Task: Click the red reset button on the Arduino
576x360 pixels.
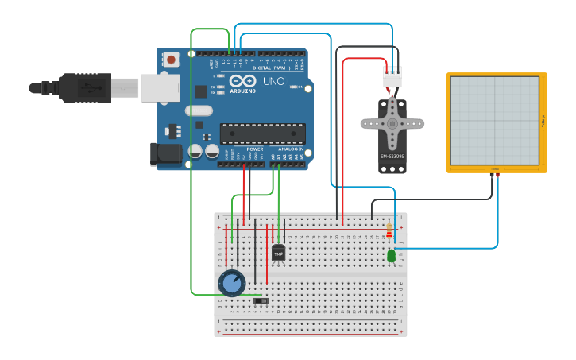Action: point(171,59)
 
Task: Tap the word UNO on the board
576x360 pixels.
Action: point(273,81)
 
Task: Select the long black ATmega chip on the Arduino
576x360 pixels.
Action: point(262,134)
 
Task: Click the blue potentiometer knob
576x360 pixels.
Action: point(231,283)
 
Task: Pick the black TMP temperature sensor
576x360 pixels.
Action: point(278,253)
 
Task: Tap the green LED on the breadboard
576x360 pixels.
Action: point(391,255)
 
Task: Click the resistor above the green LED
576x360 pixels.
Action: point(389,231)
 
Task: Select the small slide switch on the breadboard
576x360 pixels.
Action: point(260,300)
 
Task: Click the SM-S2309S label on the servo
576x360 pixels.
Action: point(392,156)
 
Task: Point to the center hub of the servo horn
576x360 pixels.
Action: point(392,123)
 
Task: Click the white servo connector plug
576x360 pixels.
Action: point(392,79)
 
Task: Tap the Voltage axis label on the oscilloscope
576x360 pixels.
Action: point(543,121)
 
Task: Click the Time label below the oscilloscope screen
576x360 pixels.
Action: point(495,168)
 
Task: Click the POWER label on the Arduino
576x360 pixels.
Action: point(255,149)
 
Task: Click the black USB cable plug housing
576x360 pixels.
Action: point(83,87)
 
